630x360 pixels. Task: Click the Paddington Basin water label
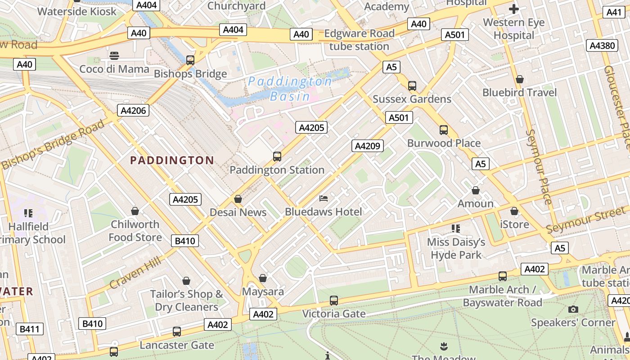pos(290,89)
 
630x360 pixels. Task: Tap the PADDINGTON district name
pos(172,160)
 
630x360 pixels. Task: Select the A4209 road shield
pos(368,146)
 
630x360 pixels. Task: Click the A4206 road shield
pos(134,110)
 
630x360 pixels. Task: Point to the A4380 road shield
pos(603,45)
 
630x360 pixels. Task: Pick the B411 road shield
pos(30,329)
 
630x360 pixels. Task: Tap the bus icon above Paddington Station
pos(277,157)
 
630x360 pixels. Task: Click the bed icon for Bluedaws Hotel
pos(324,198)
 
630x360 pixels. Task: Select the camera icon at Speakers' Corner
pos(573,309)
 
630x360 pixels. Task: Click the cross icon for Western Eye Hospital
pos(513,9)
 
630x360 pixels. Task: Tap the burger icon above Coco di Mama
pos(114,56)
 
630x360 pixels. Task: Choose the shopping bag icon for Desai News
pos(238,199)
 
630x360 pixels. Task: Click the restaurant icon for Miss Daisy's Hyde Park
pos(456,229)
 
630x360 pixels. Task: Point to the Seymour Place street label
pos(539,166)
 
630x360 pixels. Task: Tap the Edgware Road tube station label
pos(359,40)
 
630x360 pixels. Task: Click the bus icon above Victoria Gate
pos(334,300)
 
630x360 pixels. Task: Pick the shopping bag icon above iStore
pos(514,211)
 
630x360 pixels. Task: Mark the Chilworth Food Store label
pos(135,230)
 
